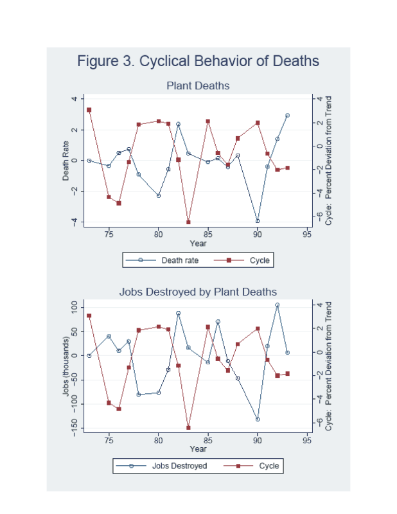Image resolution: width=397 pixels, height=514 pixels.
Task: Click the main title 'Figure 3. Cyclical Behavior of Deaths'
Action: [198, 62]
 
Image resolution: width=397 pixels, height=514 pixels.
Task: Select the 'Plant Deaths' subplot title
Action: [198, 85]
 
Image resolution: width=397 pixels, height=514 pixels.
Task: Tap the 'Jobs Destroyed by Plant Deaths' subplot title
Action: [198, 292]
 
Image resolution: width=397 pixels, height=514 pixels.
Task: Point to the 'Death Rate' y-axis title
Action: [66, 161]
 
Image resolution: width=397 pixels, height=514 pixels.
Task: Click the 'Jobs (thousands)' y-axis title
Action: [66, 367]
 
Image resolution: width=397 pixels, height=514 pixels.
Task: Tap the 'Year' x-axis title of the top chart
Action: [198, 244]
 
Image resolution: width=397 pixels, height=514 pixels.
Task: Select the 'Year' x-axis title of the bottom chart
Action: [198, 448]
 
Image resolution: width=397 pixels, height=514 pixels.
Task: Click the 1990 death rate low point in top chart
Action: [258, 221]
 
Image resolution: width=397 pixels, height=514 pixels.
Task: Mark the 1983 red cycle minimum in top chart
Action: [188, 222]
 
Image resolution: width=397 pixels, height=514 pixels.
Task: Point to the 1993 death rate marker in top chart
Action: [287, 116]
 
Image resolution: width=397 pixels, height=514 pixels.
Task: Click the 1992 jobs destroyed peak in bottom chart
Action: [278, 305]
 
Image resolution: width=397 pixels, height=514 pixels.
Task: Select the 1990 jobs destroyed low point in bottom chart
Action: [258, 419]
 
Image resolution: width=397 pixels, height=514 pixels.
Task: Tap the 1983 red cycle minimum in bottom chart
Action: [188, 427]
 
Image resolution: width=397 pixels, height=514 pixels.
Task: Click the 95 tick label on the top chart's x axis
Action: [306, 235]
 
